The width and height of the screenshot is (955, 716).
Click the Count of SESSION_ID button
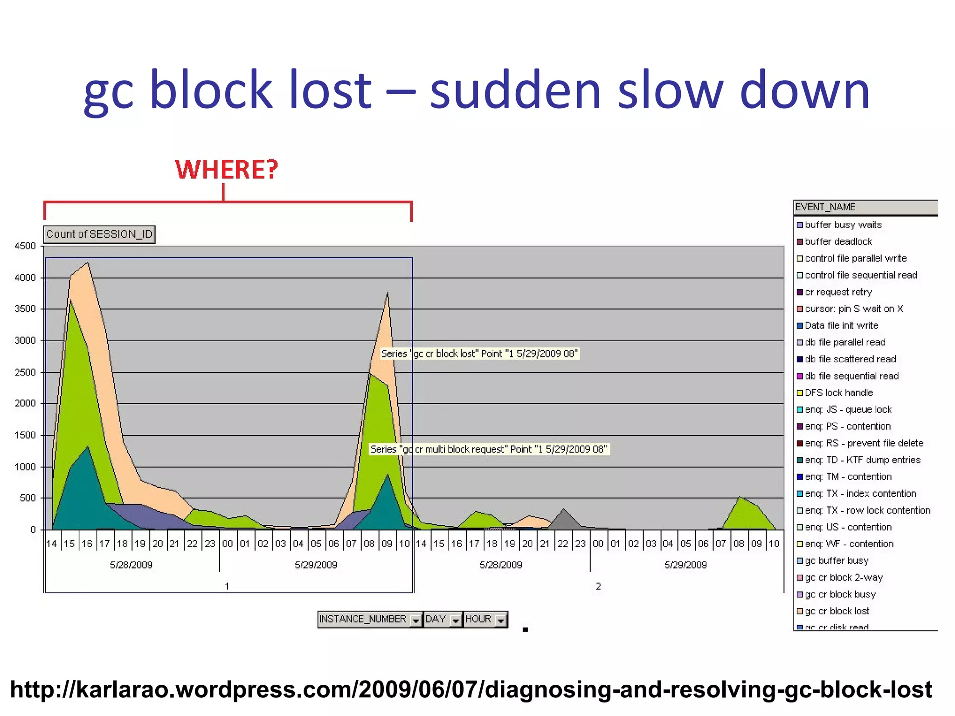click(99, 234)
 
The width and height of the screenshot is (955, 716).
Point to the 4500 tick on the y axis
click(25, 246)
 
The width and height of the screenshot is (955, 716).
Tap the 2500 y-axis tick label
click(25, 372)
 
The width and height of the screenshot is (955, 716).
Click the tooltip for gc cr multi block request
click(489, 449)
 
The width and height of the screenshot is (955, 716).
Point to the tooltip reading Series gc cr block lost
click(479, 353)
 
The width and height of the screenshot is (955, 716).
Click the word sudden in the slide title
click(515, 89)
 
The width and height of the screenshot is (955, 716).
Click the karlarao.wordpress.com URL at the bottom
click(471, 689)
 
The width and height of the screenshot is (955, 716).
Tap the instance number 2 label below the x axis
click(598, 586)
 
